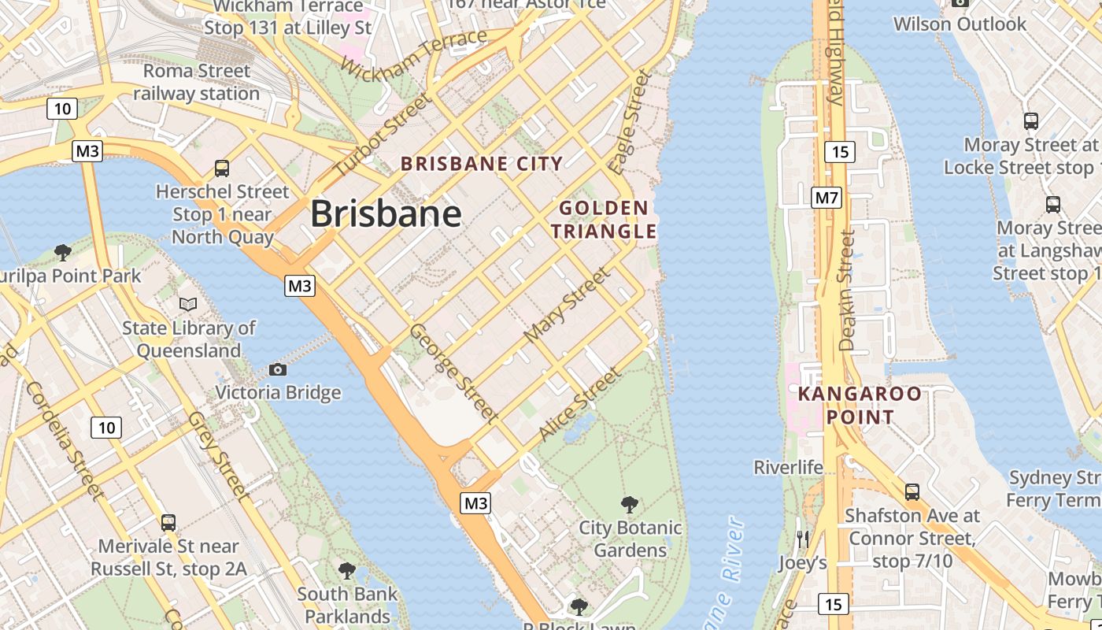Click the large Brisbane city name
[386, 213]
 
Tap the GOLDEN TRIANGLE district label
[604, 220]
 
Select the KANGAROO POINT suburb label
[860, 405]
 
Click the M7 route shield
[826, 197]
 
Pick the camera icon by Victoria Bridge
[277, 369]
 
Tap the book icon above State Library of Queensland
[188, 303]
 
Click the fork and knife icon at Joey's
[802, 539]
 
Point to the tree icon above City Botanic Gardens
[629, 504]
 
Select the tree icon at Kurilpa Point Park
[63, 252]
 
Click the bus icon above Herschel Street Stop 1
[222, 168]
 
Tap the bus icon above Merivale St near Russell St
[168, 522]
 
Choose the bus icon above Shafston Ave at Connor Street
[912, 492]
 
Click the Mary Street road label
[567, 304]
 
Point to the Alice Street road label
[579, 405]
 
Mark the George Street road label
[453, 372]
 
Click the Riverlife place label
[789, 467]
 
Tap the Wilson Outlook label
[960, 24]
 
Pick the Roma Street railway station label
[197, 82]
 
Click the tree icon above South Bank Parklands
[346, 570]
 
